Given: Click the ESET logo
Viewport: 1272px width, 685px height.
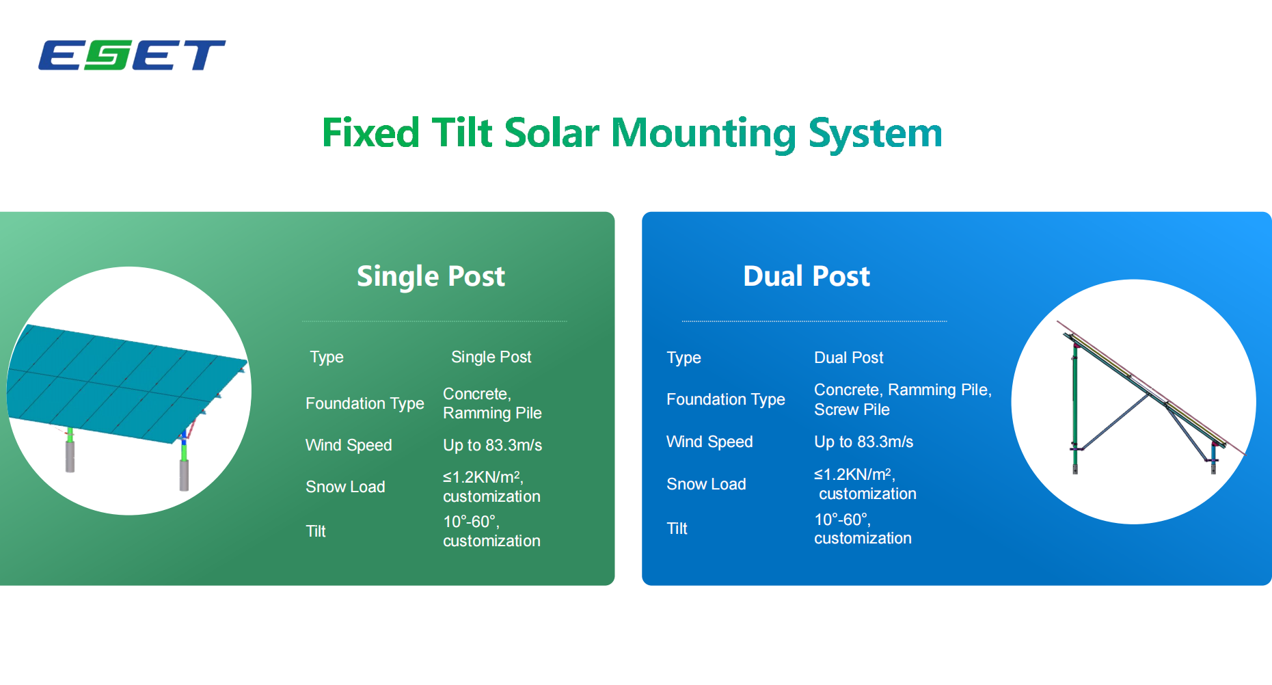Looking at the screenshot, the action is [131, 55].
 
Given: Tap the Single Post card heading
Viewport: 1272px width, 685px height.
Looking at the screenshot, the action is [431, 277].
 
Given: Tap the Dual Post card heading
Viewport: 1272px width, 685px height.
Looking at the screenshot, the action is [807, 276].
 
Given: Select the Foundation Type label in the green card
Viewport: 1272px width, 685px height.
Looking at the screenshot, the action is [365, 403].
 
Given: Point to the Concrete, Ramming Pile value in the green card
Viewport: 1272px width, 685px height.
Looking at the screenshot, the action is [492, 403].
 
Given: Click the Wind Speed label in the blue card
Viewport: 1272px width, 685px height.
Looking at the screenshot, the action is [709, 442].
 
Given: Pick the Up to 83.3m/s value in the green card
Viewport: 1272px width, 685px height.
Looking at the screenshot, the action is [492, 445].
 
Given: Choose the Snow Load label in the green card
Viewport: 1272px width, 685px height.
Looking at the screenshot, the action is [345, 487].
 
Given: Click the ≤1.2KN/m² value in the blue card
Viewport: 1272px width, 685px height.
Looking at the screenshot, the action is [854, 474].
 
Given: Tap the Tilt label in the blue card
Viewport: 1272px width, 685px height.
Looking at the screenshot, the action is [677, 528].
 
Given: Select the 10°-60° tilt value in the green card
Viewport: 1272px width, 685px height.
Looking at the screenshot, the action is [471, 522].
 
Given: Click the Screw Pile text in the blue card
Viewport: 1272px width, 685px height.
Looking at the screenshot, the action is [852, 409].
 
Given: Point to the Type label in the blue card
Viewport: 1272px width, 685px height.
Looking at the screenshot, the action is [684, 358].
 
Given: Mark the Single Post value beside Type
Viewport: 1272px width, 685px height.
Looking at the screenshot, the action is [491, 357].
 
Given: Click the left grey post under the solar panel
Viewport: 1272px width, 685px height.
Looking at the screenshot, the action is [70, 456].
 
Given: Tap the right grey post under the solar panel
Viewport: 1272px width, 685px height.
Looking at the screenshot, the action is [184, 474].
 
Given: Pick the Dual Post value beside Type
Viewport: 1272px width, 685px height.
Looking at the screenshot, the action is [848, 358].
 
